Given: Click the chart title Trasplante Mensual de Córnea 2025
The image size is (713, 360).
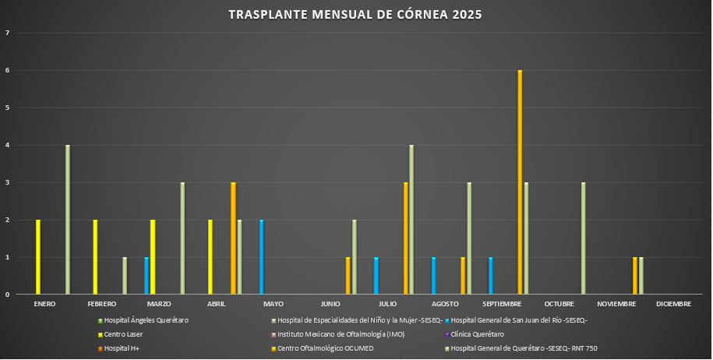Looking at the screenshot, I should coord(355,15).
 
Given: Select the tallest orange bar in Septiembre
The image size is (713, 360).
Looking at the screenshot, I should coord(520,183).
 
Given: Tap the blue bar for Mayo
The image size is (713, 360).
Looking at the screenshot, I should coord(261,258).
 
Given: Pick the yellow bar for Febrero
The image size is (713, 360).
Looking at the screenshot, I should coord(96,258).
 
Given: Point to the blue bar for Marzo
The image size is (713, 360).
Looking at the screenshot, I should coord(146,277).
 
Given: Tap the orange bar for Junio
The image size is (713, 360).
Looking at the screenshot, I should coord(348,277).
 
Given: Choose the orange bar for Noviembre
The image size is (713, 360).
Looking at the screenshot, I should coord(635,277).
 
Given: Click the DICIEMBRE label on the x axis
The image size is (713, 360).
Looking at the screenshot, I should coord(673,304).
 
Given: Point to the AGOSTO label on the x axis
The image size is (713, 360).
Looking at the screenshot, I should coord(446,304).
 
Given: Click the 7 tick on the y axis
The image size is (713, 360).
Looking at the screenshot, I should coord(7,33).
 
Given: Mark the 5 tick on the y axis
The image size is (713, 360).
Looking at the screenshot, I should coord(7,108).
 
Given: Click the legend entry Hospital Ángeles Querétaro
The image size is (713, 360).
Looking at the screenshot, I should coord(146,320).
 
